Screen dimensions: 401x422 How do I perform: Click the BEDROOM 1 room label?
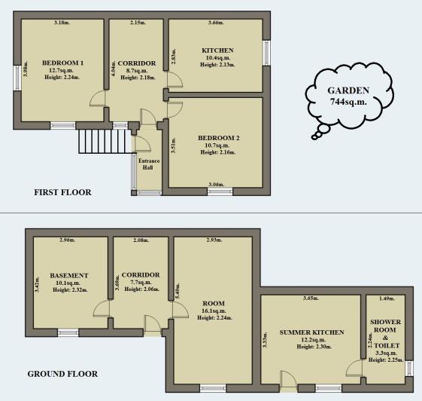click(x=62, y=63)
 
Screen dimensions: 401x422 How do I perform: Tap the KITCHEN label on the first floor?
click(x=218, y=51)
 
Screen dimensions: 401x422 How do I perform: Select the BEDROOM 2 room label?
click(x=218, y=138)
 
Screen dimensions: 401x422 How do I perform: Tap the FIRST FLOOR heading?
click(x=62, y=192)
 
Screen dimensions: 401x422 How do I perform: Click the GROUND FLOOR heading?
click(x=62, y=374)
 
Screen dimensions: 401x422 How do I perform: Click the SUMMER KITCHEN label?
click(x=311, y=332)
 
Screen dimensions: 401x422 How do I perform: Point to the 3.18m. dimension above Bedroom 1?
click(x=62, y=23)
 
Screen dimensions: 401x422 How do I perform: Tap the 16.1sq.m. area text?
click(x=214, y=311)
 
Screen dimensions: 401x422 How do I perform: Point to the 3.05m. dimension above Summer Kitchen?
click(x=311, y=299)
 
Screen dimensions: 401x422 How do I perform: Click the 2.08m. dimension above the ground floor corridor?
click(x=141, y=240)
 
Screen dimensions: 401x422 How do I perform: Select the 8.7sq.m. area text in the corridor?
click(x=137, y=70)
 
